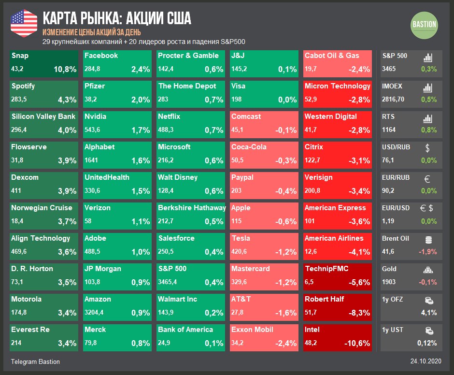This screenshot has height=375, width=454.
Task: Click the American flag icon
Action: [24, 23]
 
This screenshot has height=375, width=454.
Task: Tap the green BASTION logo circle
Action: [424, 24]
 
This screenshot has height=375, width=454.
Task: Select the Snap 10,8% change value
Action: [65, 70]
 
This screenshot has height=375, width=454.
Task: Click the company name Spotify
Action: [23, 86]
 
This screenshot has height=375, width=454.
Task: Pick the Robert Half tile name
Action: [324, 299]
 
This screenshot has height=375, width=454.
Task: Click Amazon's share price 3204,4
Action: [98, 313]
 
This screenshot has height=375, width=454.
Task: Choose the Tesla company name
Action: [241, 238]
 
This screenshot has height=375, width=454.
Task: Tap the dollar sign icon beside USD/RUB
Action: [427, 147]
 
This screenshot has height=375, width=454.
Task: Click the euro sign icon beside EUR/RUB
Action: [427, 178]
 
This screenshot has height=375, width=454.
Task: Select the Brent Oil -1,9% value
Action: [428, 252]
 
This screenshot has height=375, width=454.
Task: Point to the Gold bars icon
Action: [428, 270]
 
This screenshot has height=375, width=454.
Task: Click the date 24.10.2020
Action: [426, 361]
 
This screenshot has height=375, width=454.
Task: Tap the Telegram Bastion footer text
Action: [35, 361]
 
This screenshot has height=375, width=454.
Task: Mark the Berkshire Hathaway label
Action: [192, 208]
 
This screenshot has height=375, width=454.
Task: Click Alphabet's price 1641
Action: [92, 160]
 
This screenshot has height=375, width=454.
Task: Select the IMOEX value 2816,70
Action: [393, 100]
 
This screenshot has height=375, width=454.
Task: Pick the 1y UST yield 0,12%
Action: [427, 344]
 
